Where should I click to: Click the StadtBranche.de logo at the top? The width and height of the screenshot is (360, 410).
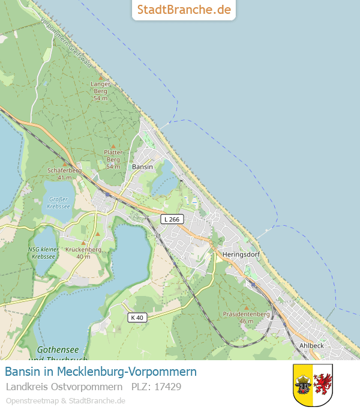[184, 10]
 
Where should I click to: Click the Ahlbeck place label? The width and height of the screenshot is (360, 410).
[311, 346]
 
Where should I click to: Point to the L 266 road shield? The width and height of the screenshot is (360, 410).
[172, 220]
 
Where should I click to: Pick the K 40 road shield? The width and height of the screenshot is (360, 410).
[136, 317]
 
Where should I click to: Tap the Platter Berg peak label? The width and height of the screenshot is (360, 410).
[113, 159]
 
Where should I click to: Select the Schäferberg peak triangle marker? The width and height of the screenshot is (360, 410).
[65, 163]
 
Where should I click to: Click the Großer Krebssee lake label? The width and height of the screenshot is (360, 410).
[59, 202]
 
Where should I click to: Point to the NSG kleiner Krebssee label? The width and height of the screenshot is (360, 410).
[43, 253]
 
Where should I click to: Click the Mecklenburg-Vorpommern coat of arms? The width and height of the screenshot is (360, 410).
[313, 385]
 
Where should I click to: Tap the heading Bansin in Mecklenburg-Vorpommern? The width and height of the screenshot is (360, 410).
[101, 372]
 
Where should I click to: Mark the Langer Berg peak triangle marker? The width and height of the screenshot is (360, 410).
[101, 77]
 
